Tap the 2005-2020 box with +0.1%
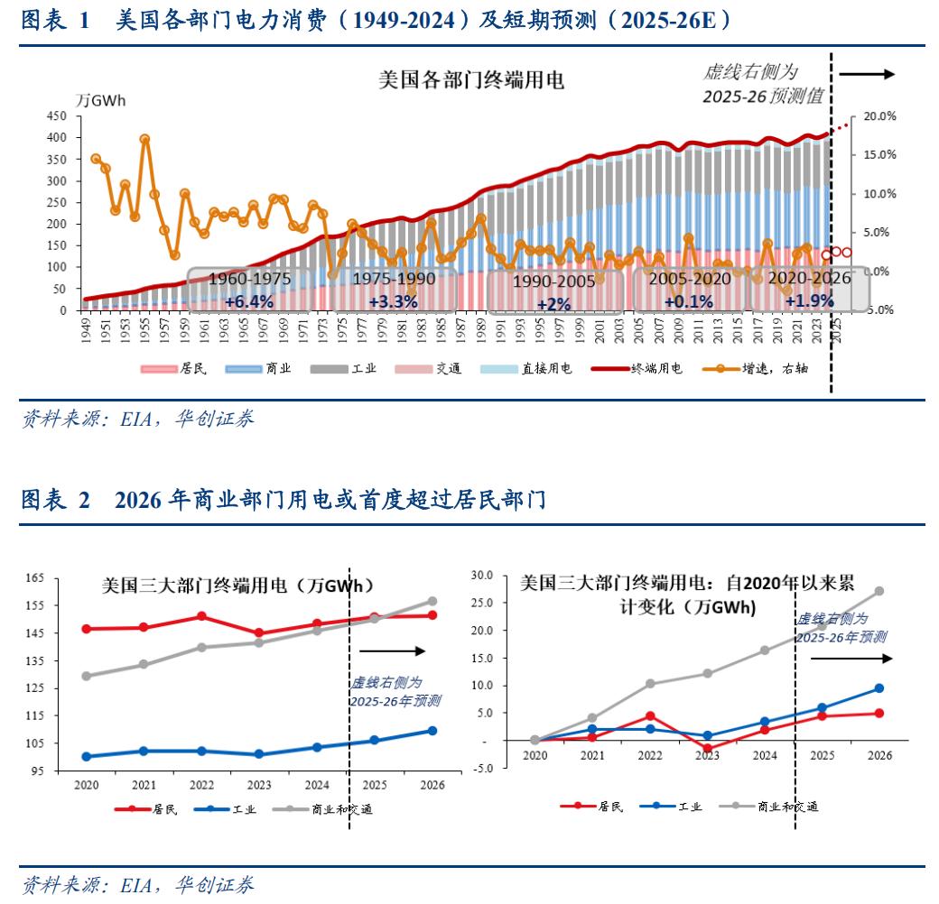(689, 290)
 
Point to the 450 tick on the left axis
(56, 116)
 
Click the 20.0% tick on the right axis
(879, 116)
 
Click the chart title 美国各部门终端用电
(470, 80)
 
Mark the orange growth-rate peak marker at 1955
(144, 139)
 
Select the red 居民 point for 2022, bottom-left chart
(201, 616)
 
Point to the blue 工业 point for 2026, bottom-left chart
(432, 731)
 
